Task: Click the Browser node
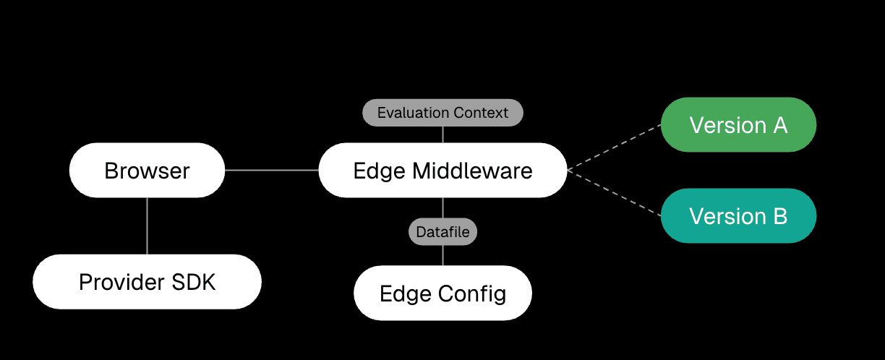pos(147,171)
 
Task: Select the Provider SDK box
pos(147,282)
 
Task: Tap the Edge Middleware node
pos(442,171)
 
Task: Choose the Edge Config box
pos(442,293)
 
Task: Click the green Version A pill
pos(738,125)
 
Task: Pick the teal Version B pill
pos(738,215)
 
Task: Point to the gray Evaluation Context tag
pos(442,113)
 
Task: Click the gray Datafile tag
pos(442,232)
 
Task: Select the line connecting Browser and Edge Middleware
pos(272,171)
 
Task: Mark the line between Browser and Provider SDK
pos(147,226)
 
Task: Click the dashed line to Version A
pos(615,147)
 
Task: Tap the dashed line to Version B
pos(615,193)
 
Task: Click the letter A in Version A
pos(779,125)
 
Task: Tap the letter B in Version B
pos(779,215)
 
